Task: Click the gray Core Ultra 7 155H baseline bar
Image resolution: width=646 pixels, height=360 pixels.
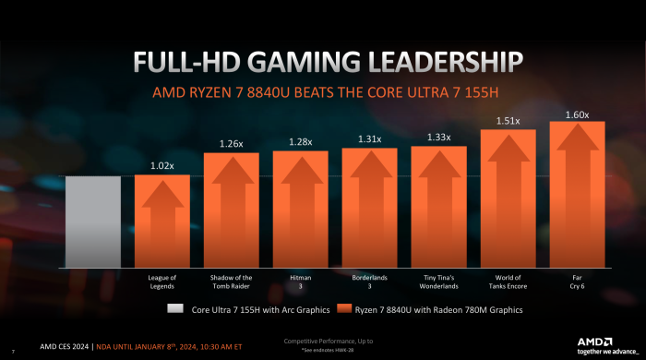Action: [92, 222]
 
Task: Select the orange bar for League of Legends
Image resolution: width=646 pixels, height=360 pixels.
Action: [161, 222]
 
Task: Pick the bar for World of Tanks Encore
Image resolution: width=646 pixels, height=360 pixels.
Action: [508, 199]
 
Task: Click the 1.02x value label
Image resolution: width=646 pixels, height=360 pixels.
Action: [161, 166]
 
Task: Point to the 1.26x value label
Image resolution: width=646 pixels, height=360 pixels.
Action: [231, 143]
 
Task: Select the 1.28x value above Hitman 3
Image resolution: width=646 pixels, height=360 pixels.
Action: [300, 141]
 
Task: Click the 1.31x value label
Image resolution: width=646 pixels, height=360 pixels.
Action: [369, 138]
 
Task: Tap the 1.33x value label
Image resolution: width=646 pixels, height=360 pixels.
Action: [438, 138]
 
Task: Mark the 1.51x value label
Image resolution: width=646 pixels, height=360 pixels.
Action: [508, 120]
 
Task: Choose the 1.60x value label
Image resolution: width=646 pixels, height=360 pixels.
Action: [577, 114]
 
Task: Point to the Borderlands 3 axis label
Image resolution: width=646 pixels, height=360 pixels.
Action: [369, 281]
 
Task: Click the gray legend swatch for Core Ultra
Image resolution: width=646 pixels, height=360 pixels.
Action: [174, 310]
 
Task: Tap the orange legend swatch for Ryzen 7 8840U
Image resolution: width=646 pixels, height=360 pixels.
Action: [343, 310]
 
